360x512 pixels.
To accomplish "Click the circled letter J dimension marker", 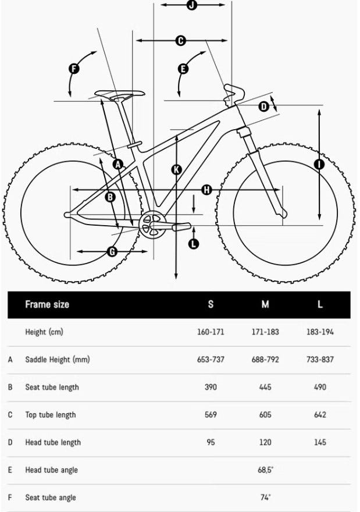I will point(192,5).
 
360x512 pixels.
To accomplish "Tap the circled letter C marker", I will point(180,40).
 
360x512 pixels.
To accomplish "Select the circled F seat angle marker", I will point(74,69).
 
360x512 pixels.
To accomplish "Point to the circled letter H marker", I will point(206,190).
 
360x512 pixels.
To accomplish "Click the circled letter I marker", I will point(319,164).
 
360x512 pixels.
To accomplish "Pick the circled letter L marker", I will point(194,244).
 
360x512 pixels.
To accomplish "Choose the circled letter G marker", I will point(112,251).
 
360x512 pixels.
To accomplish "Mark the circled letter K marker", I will point(176,170).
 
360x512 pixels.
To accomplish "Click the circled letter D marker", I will point(263,106).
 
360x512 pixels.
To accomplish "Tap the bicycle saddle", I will point(120,94).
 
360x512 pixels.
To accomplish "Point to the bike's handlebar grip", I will point(236,91).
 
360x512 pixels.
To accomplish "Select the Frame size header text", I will point(47,304).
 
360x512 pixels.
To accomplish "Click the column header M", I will point(265,304).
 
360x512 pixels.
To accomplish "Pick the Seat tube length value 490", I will point(320,387).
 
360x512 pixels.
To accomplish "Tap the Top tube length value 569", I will point(211,415).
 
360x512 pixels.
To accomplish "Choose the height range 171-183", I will point(265,332).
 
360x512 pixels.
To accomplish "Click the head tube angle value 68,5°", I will point(266,470).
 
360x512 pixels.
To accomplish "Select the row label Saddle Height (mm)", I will point(58,360).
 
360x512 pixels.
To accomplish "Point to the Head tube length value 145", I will point(320,442).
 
